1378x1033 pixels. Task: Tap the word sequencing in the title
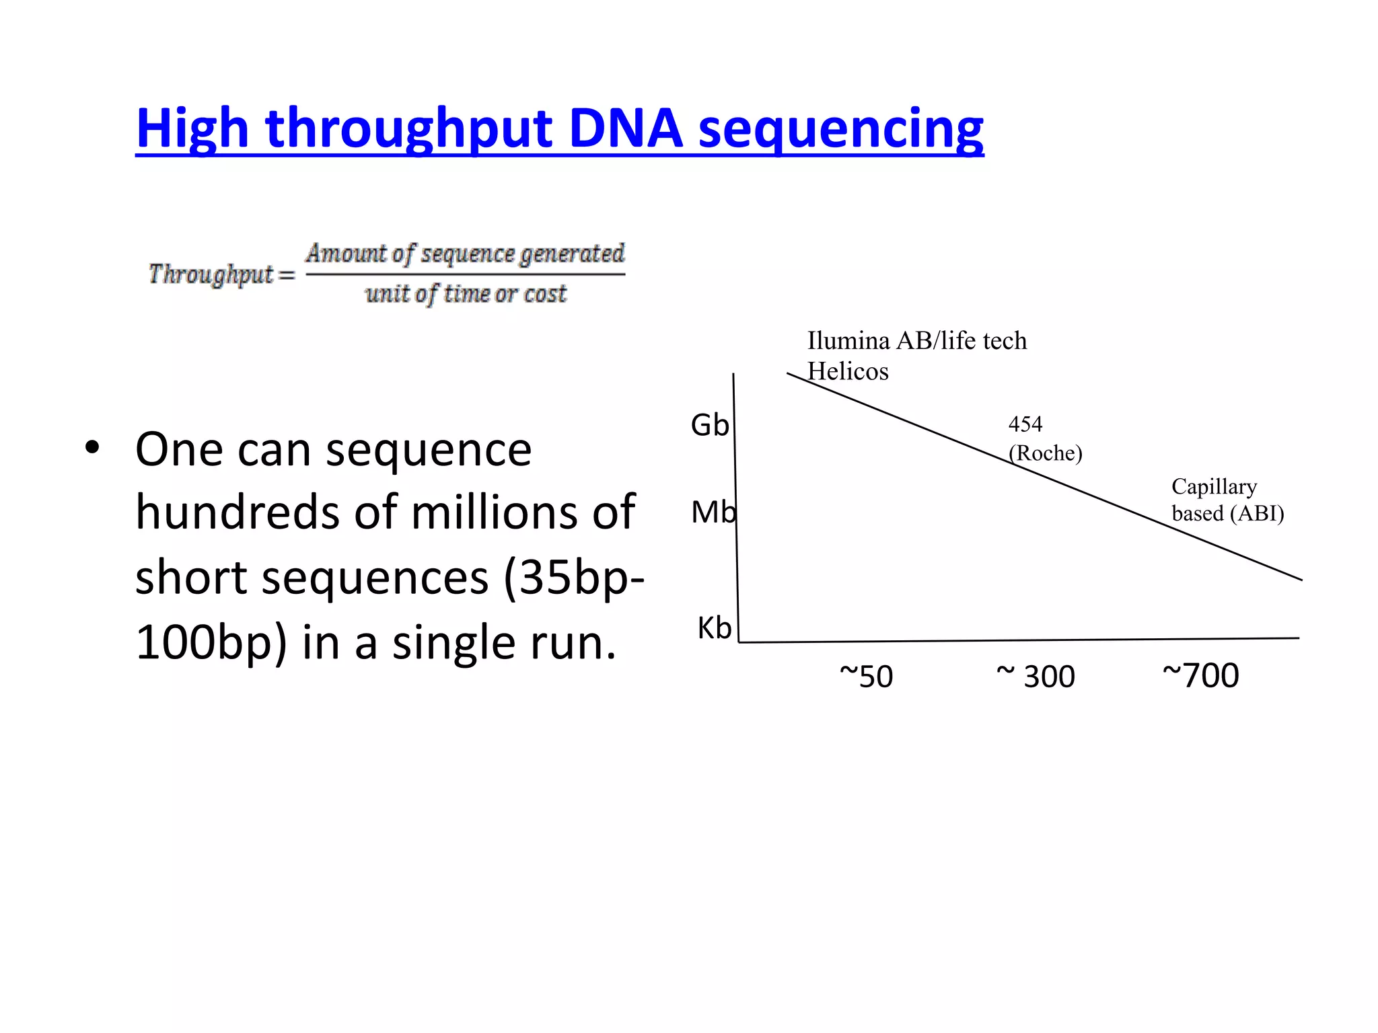pyautogui.click(x=841, y=129)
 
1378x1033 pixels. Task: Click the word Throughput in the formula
pyautogui.click(x=211, y=274)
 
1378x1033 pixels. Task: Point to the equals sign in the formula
pyautogui.click(x=287, y=275)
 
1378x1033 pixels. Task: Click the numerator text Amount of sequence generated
pyautogui.click(x=465, y=254)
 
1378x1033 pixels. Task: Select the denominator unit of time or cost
pyautogui.click(x=466, y=294)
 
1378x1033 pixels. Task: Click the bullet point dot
pyautogui.click(x=92, y=448)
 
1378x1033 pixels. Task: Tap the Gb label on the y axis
pyautogui.click(x=709, y=425)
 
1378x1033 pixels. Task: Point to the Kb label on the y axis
pyautogui.click(x=714, y=628)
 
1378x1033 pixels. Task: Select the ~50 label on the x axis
pyautogui.click(x=867, y=676)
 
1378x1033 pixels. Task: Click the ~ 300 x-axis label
pyautogui.click(x=1036, y=675)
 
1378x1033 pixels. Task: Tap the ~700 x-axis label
pyautogui.click(x=1201, y=675)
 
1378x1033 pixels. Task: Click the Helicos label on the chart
pyautogui.click(x=848, y=371)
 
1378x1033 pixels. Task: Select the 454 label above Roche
pyautogui.click(x=1025, y=424)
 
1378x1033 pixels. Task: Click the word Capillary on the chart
pyautogui.click(x=1214, y=486)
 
